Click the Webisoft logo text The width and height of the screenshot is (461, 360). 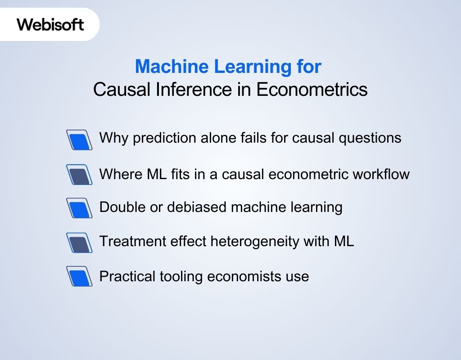pyautogui.click(x=50, y=24)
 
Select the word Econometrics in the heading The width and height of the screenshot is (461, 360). pyautogui.click(x=312, y=90)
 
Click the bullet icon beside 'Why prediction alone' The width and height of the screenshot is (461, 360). pyautogui.click(x=79, y=139)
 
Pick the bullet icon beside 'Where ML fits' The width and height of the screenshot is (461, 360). pyautogui.click(x=79, y=174)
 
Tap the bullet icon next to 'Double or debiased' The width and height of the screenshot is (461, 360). pyautogui.click(x=79, y=208)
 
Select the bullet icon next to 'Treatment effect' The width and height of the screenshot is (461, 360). pyautogui.click(x=79, y=243)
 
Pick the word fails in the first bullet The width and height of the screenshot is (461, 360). pyautogui.click(x=253, y=138)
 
